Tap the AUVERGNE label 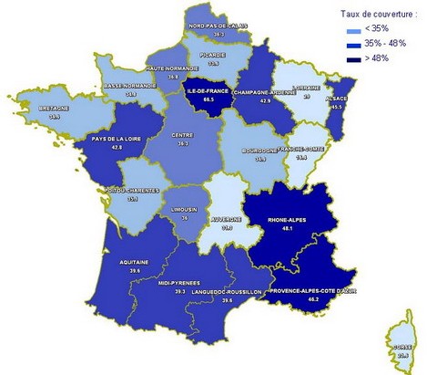coord(228,219)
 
